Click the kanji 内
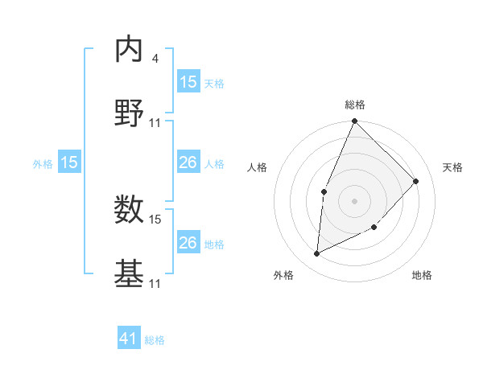[129, 50]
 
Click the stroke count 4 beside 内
[155, 59]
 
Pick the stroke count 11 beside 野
[155, 123]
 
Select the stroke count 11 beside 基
[155, 284]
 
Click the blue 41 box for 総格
[129, 339]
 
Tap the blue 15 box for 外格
[69, 163]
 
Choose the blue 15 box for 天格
[188, 82]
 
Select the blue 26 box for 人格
[188, 163]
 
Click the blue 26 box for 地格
[188, 243]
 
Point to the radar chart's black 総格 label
[354, 105]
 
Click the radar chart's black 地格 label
[422, 275]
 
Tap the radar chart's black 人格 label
[258, 167]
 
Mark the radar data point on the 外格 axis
[316, 254]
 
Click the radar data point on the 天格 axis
[416, 181]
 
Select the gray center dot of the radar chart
[354, 200]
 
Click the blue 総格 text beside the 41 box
[155, 340]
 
